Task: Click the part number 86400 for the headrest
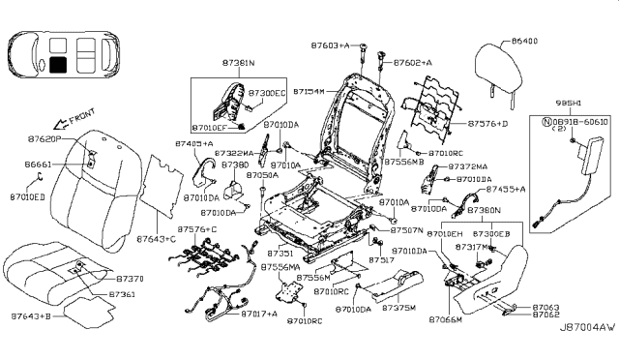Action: coord(526,42)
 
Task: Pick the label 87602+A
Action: coord(412,62)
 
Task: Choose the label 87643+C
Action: coord(156,238)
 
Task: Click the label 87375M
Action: coord(398,309)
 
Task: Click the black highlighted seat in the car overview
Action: coord(60,65)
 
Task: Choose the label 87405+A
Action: coord(194,143)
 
